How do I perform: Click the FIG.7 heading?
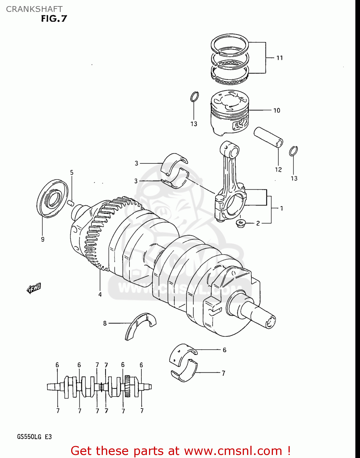54,19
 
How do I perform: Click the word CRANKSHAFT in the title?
34,9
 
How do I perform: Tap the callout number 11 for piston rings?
279,58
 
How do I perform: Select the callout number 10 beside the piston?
277,110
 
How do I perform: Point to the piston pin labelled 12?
268,138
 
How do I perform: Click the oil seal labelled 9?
52,199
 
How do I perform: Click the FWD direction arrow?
34,288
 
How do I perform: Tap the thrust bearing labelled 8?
140,325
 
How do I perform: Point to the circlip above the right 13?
293,151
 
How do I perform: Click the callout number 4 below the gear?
100,294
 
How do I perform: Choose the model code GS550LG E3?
34,437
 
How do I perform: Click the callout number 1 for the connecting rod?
281,208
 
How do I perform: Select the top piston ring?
230,45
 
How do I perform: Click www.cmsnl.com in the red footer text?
233,451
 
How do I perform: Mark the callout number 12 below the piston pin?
278,169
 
